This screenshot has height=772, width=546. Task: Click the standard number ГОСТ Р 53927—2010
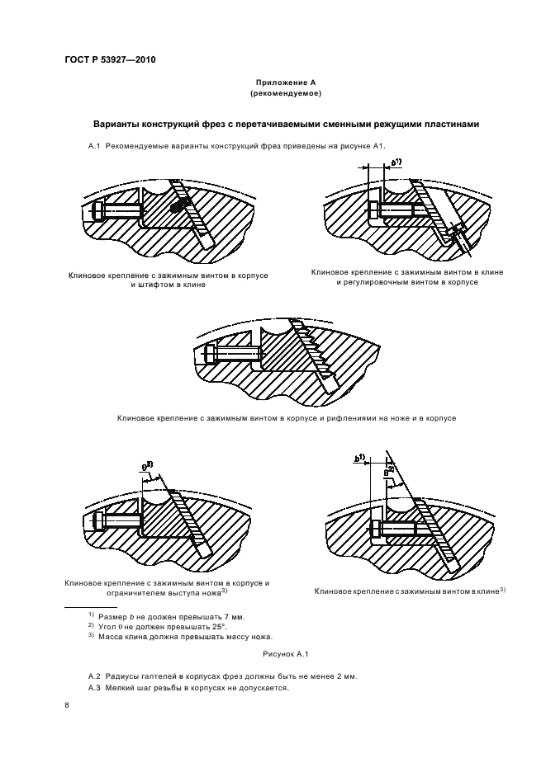[x=109, y=60]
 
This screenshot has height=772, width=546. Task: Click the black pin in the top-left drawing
[x=177, y=209]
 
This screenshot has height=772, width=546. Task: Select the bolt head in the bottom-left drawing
[x=97, y=521]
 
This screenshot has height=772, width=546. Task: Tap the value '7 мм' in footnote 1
[x=235, y=616]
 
